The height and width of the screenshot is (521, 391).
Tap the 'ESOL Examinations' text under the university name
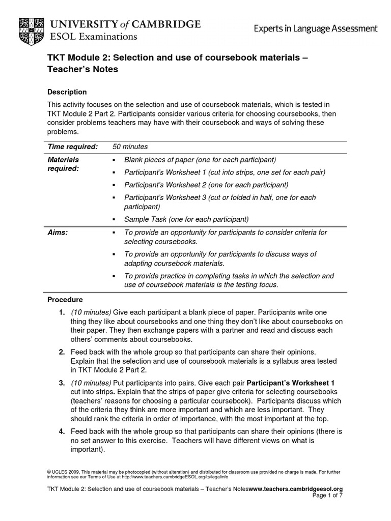pos(93,37)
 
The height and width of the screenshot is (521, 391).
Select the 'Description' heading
pos(67,92)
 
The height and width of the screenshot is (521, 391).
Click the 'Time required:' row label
pos(72,147)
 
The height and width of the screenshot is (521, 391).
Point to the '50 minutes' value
pos(130,147)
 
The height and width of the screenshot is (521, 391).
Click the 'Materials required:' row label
pos(63,164)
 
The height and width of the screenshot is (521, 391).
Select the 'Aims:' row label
pos(58,232)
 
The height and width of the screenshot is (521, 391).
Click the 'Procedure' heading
pos(65,300)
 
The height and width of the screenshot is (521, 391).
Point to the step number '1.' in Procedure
pos(61,312)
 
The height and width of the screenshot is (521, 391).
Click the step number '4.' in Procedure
pos(61,431)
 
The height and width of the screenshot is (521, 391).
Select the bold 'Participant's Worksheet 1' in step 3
pos(290,382)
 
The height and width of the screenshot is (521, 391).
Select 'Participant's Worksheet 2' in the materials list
pos(206,184)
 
